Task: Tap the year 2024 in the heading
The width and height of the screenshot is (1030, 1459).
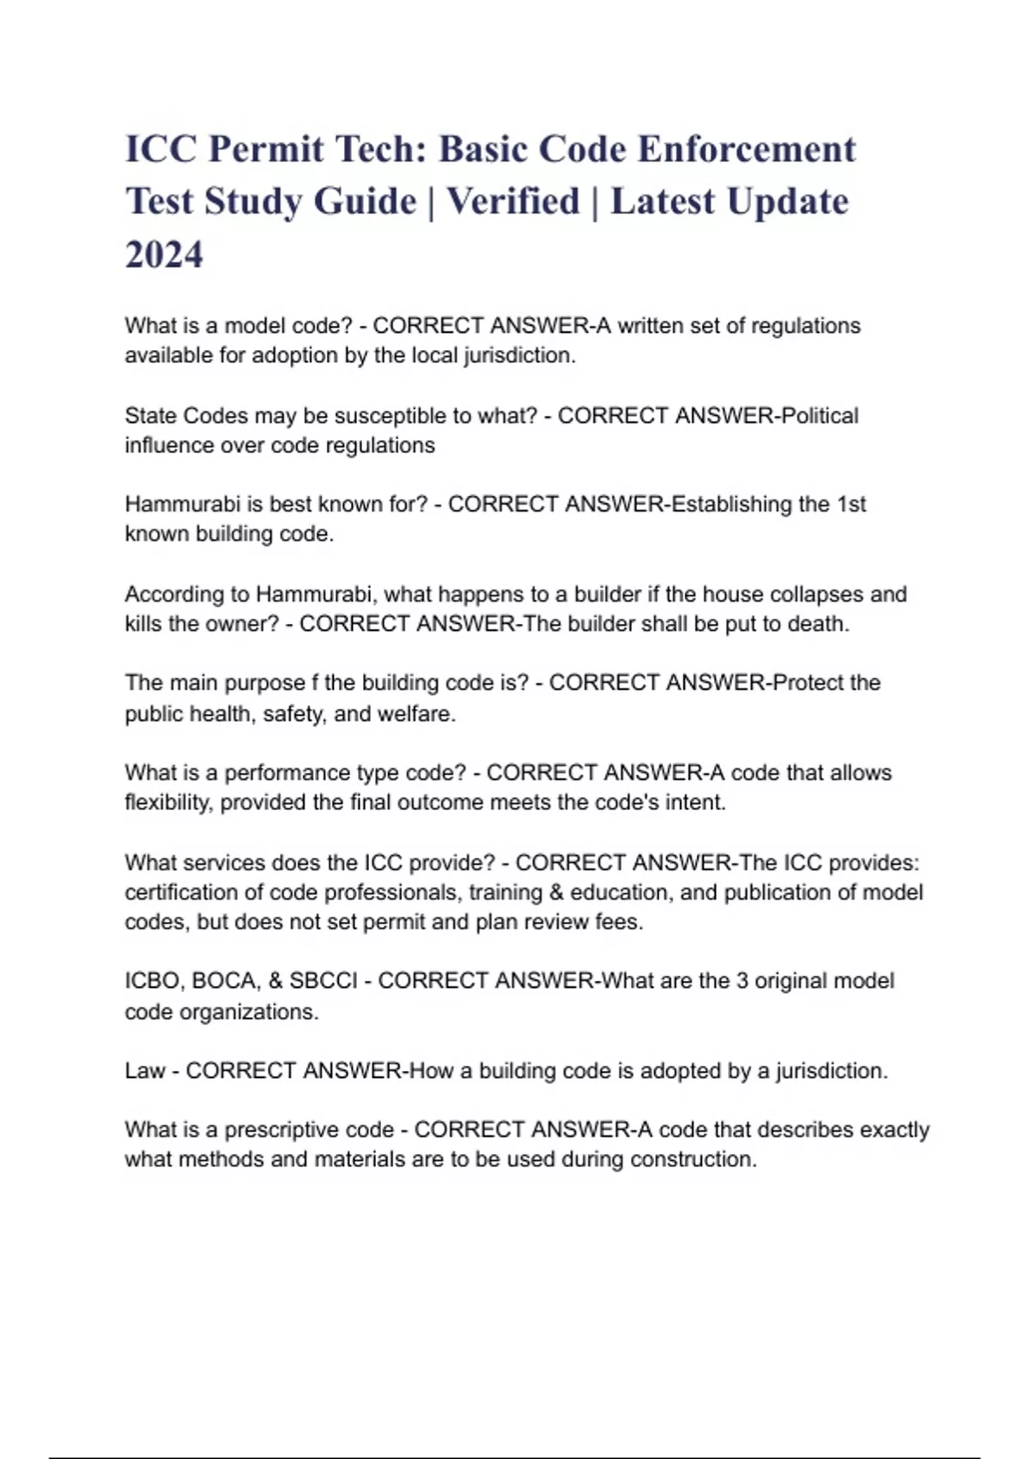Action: click(164, 255)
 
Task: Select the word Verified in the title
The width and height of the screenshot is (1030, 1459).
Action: click(513, 202)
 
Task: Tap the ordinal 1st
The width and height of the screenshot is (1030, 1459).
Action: click(851, 504)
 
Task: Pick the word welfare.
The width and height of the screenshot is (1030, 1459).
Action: click(421, 713)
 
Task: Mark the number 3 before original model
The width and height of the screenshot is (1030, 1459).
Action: click(742, 981)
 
